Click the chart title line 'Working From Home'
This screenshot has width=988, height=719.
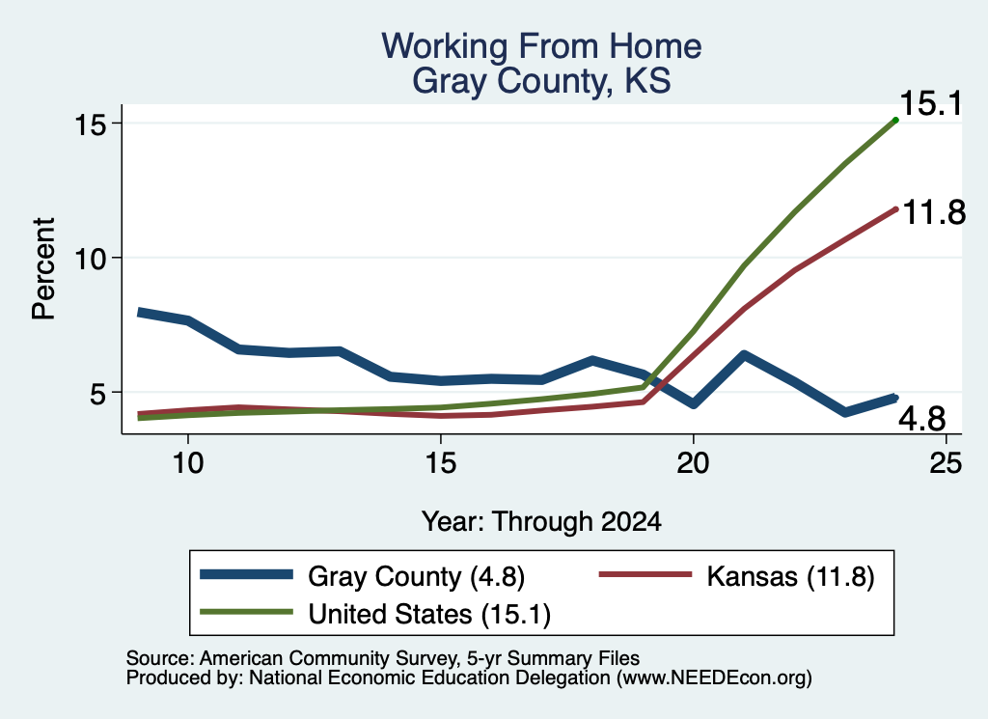point(541,46)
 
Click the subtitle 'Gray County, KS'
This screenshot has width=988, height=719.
point(541,81)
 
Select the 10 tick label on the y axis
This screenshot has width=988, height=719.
point(89,259)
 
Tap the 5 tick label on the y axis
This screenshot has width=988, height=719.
point(96,393)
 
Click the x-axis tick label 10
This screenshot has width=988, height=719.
point(188,463)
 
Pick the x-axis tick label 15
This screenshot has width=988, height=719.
point(440,463)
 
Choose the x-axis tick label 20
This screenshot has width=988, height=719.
point(693,463)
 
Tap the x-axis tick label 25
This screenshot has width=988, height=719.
point(946,463)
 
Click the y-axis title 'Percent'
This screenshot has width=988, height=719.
point(43,269)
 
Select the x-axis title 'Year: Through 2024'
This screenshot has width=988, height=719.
point(541,522)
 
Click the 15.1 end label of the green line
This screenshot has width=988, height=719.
point(932,103)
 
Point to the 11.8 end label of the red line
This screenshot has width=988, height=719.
point(934,212)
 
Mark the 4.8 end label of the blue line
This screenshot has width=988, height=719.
point(921,419)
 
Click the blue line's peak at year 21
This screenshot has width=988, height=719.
point(744,355)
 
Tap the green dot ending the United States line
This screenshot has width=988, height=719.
point(895,120)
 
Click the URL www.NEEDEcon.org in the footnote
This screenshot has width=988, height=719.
point(713,678)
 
